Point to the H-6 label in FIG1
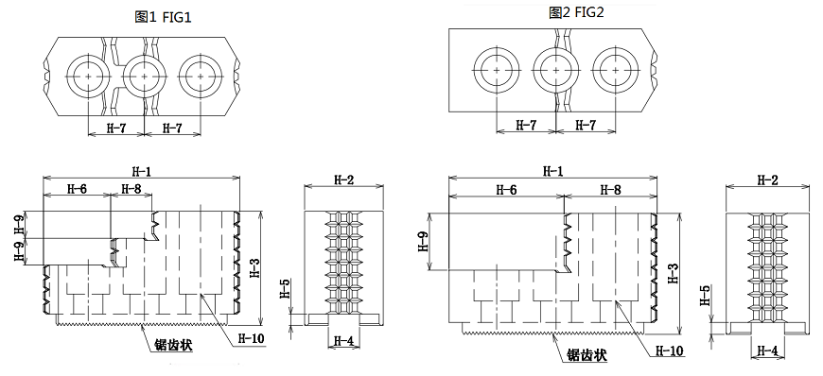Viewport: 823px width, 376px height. pyautogui.click(x=77, y=189)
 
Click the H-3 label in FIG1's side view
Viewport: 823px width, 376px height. pyautogui.click(x=254, y=267)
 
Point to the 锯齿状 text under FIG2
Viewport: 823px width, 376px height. pyautogui.click(x=587, y=356)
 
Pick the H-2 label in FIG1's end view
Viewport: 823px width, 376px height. pyautogui.click(x=343, y=179)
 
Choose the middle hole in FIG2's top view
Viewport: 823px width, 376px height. pyautogui.click(x=555, y=70)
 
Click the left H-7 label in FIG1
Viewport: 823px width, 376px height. pyautogui.click(x=115, y=128)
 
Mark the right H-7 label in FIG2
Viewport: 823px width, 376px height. pyautogui.click(x=586, y=125)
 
